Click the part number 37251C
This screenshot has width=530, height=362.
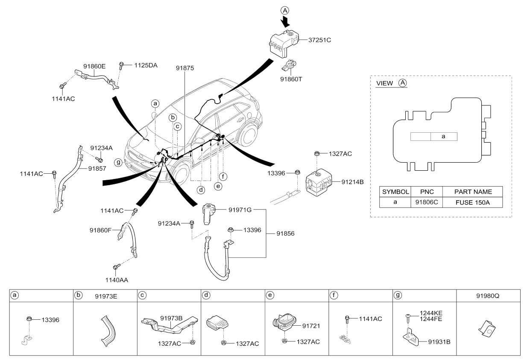coord(320,41)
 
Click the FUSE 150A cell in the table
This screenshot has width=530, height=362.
coord(472,202)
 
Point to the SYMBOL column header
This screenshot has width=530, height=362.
coord(395,192)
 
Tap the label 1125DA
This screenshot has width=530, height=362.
coord(146,66)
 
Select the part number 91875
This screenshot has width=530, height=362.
coord(184,68)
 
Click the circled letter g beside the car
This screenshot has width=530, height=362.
coord(118,162)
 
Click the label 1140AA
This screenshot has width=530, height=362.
coord(114,280)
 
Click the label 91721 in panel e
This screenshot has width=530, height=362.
coord(311,326)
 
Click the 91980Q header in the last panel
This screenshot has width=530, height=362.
coord(488,295)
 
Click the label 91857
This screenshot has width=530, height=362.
coord(97,169)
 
